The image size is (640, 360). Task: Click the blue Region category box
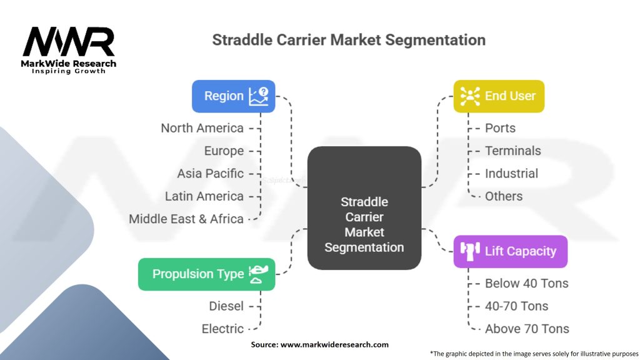[233, 96]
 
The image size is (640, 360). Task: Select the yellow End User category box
[498, 96]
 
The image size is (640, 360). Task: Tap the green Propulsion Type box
[206, 274]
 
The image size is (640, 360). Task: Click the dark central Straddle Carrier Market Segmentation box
[364, 208]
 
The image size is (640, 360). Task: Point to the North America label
[202, 128]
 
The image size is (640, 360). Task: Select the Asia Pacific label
[210, 173]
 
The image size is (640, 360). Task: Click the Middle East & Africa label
[186, 219]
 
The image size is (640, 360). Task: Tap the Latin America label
[204, 196]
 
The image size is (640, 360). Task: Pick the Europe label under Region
[224, 151]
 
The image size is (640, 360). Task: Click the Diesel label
[226, 306]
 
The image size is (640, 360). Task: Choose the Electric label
[222, 329]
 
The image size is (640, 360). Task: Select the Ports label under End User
[500, 128]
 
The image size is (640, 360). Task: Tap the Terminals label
[512, 151]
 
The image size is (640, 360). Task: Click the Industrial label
[511, 173]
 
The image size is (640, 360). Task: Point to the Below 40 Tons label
[526, 283]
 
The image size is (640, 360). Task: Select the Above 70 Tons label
[527, 329]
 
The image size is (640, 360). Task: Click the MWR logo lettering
[69, 42]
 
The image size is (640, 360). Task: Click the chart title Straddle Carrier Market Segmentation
[349, 40]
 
